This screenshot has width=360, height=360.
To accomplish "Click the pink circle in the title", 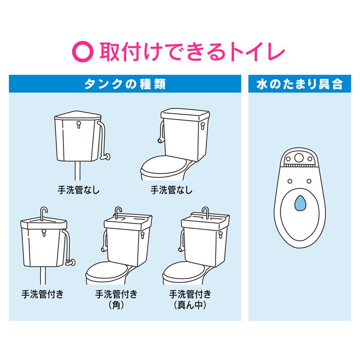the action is click(x=83, y=52).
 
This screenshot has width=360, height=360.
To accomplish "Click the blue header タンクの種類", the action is click(x=125, y=84).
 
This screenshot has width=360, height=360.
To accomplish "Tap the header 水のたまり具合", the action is click(x=300, y=84).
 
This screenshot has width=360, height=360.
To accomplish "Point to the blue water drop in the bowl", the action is click(x=299, y=203).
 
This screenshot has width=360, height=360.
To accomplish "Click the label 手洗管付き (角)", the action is click(x=116, y=299).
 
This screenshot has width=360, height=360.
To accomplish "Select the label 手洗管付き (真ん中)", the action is click(x=190, y=299).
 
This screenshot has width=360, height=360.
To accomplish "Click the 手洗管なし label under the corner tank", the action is click(x=79, y=190).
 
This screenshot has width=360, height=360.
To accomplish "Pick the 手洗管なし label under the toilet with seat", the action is click(x=171, y=190).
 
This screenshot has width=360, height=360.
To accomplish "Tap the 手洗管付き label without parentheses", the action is click(x=42, y=294).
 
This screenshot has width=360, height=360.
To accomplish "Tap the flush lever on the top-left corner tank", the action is click(x=78, y=125).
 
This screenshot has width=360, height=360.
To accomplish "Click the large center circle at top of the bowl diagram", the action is click(x=299, y=158).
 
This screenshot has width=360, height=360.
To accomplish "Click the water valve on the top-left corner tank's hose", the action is click(x=105, y=157).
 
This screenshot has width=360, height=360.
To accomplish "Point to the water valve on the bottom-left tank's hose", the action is click(x=71, y=262).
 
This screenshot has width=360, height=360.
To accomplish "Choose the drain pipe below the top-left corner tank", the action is click(x=77, y=171).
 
